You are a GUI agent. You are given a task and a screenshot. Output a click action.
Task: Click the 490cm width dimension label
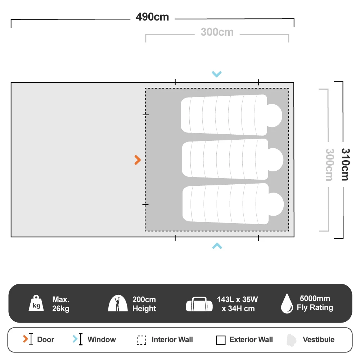coord(152,17)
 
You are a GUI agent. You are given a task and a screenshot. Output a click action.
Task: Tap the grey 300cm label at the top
coord(217,32)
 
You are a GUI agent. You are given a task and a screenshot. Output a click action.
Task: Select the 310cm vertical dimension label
coord(345,165)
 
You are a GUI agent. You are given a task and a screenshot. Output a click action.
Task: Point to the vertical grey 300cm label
coord(329,165)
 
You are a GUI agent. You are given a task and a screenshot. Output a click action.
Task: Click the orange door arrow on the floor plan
coord(138,160)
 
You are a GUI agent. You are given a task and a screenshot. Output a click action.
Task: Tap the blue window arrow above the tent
coord(217,74)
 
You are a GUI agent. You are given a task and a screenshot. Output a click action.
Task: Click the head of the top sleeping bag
coord(274,116)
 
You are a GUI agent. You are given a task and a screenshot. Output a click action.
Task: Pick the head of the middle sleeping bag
coord(275,160)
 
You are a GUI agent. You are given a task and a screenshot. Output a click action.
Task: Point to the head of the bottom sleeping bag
coord(276,204)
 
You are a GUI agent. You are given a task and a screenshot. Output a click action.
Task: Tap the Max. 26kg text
coord(61,304)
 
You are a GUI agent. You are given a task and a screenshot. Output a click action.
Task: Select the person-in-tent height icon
coord(118,303)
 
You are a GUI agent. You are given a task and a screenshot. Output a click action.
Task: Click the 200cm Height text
coord(144,304)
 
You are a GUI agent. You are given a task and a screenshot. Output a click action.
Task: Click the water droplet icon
coord(287,303)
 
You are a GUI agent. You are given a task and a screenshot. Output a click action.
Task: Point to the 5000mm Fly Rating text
coord(315,303)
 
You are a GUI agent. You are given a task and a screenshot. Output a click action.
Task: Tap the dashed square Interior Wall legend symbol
coord(141,340)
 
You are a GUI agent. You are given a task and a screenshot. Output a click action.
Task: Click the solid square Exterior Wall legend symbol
coord(221,340)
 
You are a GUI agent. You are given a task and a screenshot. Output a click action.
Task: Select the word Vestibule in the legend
coord(319,339)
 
